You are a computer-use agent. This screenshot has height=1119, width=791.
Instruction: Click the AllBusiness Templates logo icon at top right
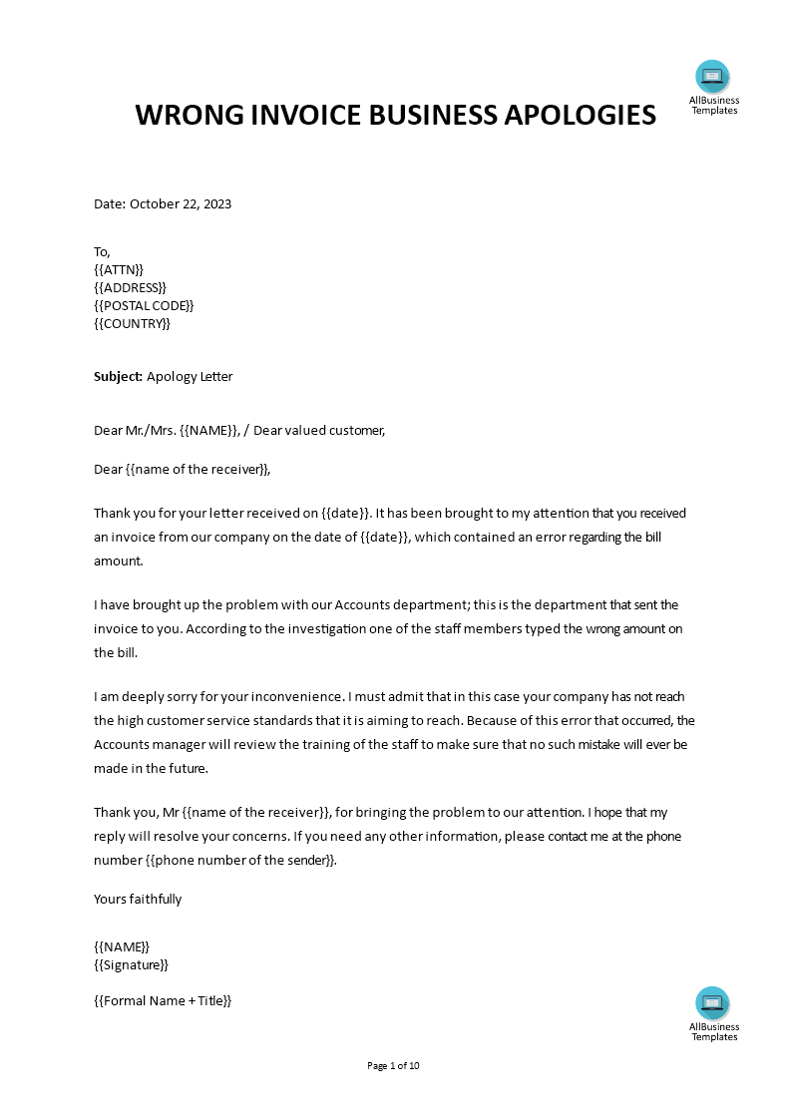[712, 76]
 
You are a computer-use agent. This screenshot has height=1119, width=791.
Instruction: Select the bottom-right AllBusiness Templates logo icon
[712, 1002]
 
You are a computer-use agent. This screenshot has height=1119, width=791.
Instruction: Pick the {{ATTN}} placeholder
[119, 269]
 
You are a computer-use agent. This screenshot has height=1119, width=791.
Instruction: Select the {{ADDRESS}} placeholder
[130, 287]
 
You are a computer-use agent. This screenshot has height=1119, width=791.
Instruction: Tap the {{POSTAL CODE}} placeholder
[144, 305]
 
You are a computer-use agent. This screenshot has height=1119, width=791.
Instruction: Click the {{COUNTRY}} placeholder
[133, 323]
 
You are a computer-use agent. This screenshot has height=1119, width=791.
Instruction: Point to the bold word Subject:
[118, 377]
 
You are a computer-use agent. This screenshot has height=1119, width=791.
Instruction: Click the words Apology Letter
[190, 377]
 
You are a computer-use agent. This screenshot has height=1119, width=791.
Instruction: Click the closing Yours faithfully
[138, 899]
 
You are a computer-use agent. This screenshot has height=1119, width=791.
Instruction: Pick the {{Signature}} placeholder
[131, 964]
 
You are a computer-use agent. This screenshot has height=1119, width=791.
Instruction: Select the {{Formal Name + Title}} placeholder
[163, 1000]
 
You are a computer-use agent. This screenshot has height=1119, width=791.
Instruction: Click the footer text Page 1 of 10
[394, 1065]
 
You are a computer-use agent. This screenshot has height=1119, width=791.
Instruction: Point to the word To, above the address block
[102, 251]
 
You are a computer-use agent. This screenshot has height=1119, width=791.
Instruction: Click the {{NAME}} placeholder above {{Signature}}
[121, 946]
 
